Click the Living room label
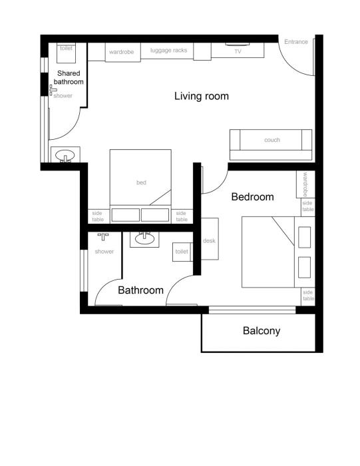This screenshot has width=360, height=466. (201, 97)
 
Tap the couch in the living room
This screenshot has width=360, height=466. (271, 140)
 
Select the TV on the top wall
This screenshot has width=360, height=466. (237, 51)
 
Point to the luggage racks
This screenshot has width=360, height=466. (169, 51)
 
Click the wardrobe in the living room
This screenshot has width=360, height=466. (122, 52)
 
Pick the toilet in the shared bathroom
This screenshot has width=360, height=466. (67, 51)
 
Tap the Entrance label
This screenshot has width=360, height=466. (296, 42)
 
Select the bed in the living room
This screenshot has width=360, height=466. (140, 183)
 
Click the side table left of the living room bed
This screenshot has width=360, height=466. (98, 216)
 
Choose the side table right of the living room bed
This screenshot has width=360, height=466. (181, 216)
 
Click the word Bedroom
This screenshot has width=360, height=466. (252, 197)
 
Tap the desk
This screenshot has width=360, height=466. (210, 240)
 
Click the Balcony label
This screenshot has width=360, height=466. (261, 331)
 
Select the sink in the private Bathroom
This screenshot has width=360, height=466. (144, 239)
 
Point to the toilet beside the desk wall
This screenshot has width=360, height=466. (182, 252)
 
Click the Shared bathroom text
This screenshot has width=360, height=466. (69, 77)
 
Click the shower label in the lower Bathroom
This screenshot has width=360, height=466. (104, 252)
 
